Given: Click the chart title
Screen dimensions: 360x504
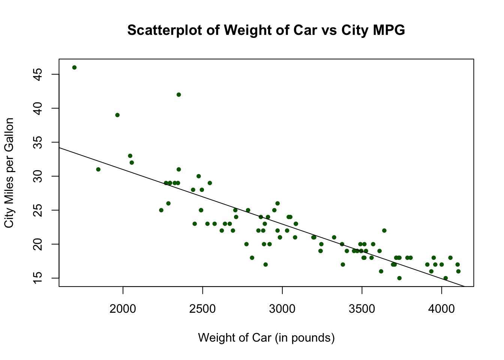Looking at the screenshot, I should [266, 30].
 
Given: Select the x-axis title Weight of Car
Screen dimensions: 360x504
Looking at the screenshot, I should [266, 338].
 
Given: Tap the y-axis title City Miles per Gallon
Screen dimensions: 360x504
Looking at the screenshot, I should [9, 172].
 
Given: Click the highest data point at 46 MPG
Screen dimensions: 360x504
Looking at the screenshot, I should [74, 67].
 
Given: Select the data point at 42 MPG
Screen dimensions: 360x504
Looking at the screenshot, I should [178, 94].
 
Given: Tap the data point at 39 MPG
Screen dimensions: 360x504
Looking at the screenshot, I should [117, 115].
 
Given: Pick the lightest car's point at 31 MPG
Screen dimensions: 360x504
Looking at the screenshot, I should [98, 169].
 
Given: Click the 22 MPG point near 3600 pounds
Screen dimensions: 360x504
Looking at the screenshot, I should [384, 231].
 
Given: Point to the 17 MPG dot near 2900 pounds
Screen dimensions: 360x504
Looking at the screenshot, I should [265, 264].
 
